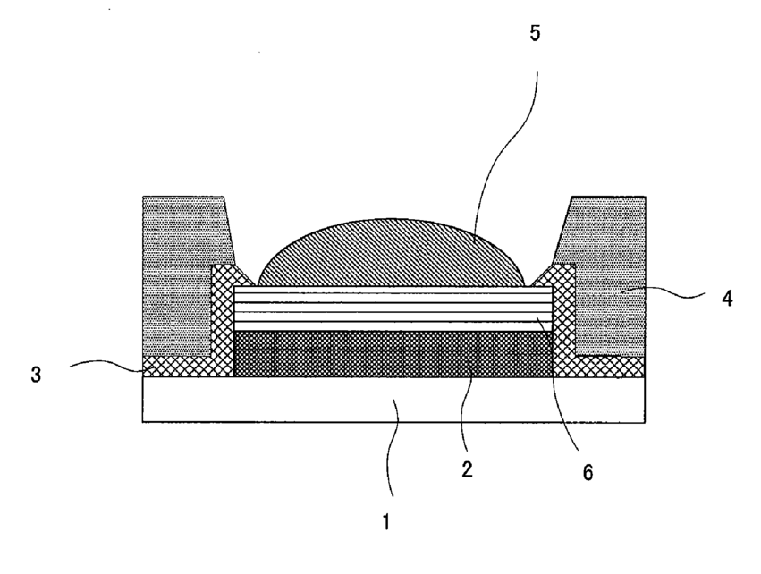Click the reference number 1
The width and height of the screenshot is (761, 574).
[x=386, y=524]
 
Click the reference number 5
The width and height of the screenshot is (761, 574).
[x=535, y=36]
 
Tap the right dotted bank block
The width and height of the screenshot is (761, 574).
[x=608, y=268]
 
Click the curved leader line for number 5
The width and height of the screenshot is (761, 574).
[x=510, y=134]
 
